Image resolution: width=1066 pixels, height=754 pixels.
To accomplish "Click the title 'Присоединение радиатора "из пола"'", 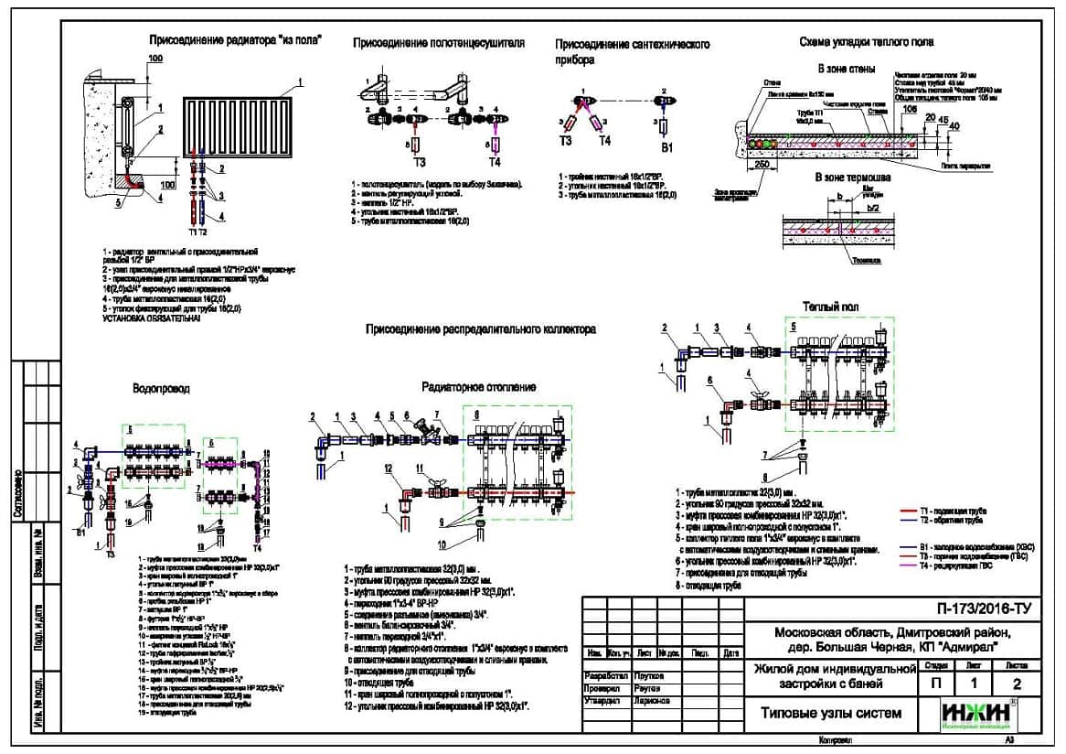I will [235, 40].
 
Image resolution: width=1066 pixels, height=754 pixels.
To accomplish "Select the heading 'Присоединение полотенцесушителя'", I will [439, 43].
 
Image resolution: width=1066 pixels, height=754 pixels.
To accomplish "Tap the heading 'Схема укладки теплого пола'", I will [866, 42].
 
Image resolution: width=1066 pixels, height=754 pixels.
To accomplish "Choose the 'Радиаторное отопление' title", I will [478, 388].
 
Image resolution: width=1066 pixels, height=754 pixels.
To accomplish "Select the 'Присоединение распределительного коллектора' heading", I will [481, 329].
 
